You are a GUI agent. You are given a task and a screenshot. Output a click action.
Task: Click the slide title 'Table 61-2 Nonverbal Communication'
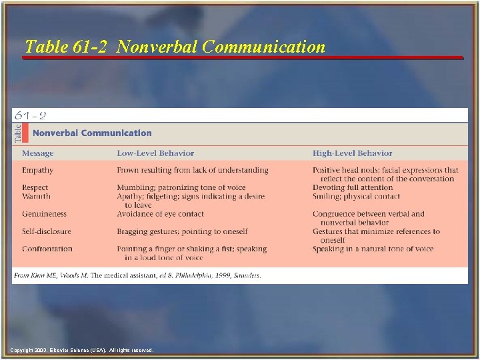(175, 47)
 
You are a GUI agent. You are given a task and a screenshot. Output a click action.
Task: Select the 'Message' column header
(37, 153)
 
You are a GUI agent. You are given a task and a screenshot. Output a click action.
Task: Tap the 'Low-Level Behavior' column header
(151, 153)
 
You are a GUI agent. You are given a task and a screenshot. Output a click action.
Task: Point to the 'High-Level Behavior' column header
(353, 153)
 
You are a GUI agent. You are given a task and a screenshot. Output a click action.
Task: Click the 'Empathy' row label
(37, 170)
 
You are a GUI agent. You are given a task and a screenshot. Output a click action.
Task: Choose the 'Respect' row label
(35, 188)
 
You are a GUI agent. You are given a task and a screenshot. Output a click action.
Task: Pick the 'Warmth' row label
(36, 197)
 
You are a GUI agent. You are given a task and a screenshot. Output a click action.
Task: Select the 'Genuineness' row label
(44, 214)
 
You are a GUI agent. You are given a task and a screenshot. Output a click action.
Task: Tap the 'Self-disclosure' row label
(46, 231)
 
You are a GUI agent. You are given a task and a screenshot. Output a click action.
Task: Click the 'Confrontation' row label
(47, 249)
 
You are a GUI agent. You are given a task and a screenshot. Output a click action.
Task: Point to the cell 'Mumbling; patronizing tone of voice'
(181, 188)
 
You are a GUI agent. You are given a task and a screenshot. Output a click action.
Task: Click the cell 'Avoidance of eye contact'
(161, 214)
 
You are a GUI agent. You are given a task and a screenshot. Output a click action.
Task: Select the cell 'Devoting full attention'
(353, 188)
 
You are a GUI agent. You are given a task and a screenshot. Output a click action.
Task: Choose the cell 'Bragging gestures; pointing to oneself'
(182, 231)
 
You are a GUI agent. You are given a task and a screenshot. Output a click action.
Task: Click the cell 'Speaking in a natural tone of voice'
(373, 249)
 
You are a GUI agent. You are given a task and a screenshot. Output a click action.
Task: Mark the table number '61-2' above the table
(31, 115)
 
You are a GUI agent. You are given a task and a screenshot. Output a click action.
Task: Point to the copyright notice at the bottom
(82, 350)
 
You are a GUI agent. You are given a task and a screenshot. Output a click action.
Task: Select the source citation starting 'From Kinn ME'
(137, 275)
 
